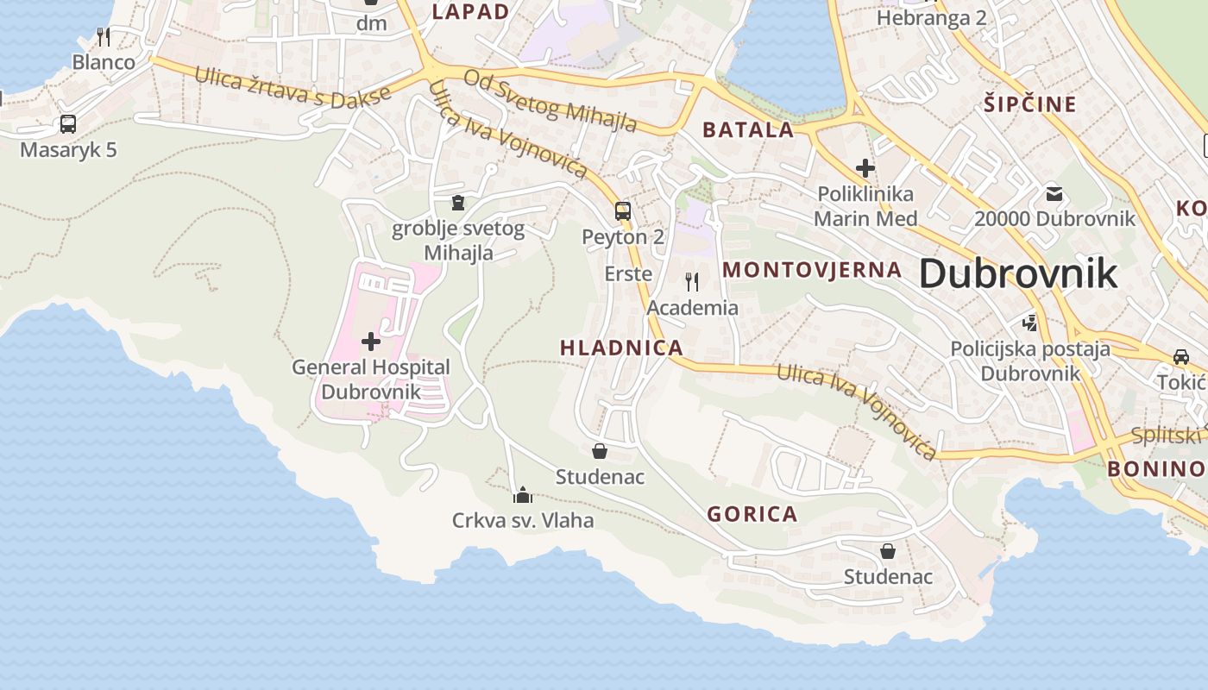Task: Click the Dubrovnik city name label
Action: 1017,274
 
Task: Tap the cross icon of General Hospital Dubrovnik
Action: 371,342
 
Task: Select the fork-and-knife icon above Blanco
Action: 104,36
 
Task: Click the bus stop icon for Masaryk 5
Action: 68,124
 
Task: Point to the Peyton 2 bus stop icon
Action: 622,210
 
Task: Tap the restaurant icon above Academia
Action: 692,281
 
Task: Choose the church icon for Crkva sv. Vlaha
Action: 522,495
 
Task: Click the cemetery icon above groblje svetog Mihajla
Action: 458,203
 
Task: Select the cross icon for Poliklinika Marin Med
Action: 865,168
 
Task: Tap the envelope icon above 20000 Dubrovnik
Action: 1054,193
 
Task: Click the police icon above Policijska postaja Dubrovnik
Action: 1029,323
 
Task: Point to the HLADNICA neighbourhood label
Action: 621,348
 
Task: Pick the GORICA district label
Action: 752,515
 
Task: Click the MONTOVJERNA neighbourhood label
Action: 812,270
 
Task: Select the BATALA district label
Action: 748,130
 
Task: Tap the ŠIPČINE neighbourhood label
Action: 1030,105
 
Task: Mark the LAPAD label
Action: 470,12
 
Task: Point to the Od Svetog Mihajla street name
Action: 551,101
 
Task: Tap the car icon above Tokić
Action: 1180,357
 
